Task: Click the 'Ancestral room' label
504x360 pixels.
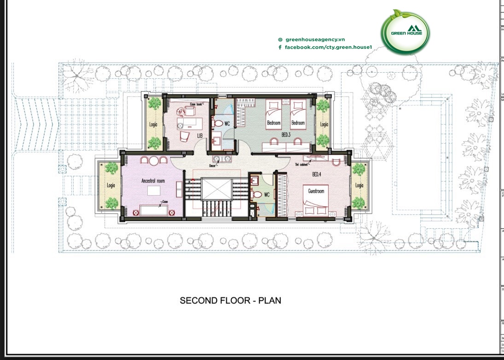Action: tap(153, 181)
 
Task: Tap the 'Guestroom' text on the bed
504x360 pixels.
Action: tap(316, 191)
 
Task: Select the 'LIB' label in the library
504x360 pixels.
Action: tap(200, 136)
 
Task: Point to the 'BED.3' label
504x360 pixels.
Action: tap(286, 134)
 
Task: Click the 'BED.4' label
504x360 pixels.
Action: tap(317, 174)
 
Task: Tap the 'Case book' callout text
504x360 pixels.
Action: tap(196, 105)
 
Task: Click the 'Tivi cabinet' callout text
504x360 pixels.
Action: tap(302, 164)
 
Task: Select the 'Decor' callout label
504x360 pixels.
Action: tap(213, 164)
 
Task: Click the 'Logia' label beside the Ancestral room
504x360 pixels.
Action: tap(110, 185)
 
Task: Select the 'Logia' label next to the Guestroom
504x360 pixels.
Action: tap(359, 186)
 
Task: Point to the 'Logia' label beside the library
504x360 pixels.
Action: tap(154, 124)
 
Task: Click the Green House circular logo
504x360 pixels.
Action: tap(405, 32)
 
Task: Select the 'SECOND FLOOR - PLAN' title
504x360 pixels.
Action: tap(230, 301)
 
